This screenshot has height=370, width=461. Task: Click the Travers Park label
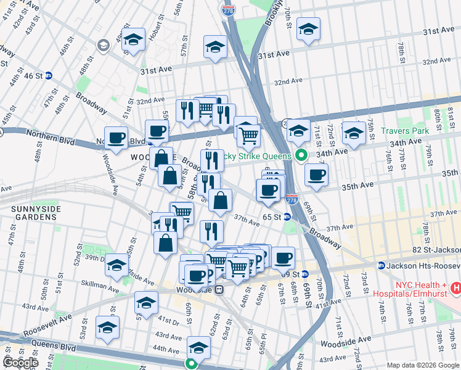(404, 131)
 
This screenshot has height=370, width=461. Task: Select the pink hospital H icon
(456, 287)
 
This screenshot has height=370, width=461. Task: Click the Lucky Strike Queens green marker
(301, 154)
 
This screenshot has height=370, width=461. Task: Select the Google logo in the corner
(20, 363)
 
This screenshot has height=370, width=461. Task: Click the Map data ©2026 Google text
(423, 365)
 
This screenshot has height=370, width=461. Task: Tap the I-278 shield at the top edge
(227, 9)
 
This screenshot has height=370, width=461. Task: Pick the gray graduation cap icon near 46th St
(103, 45)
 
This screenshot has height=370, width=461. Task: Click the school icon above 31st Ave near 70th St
(308, 30)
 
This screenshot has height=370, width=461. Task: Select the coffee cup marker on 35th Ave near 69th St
(316, 175)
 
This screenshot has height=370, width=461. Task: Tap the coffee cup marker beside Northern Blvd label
(116, 138)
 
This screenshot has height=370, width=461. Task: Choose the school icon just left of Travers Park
(354, 132)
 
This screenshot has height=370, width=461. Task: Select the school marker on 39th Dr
(116, 265)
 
